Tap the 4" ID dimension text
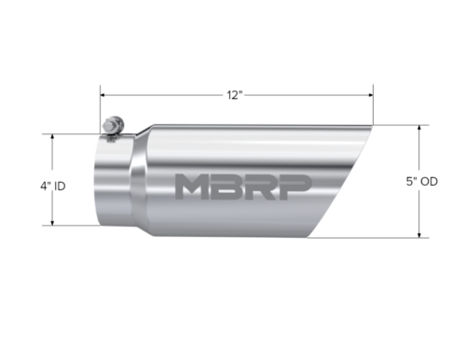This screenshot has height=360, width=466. [x=28, y=186]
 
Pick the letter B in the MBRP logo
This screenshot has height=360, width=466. [x=234, y=186]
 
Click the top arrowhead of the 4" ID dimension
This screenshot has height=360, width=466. [x=54, y=137]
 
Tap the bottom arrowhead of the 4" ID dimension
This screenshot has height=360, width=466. [x=54, y=223]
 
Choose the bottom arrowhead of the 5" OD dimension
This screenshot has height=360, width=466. [x=420, y=234]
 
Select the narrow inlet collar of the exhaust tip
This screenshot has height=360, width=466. [x=112, y=182]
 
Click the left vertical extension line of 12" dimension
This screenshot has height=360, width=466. [x=102, y=107]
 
